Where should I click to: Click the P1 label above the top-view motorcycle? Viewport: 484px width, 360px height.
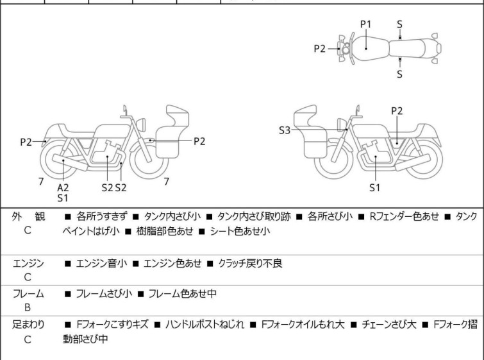[366, 24]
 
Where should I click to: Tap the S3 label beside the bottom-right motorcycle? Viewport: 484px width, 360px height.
[285, 130]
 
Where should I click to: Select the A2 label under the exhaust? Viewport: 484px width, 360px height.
[63, 187]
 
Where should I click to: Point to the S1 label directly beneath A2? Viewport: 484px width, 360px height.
[63, 198]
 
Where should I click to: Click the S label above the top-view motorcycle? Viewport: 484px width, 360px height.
[399, 24]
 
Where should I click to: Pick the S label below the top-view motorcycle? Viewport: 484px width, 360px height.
[399, 74]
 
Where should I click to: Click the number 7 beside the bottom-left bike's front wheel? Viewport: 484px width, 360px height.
[167, 182]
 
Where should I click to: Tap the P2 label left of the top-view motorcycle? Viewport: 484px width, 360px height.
[319, 49]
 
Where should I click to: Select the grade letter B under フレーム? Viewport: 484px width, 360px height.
[28, 307]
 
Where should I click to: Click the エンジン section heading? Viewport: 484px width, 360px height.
[28, 263]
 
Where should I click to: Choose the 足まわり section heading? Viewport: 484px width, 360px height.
[28, 325]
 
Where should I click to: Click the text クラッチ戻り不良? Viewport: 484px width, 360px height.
[251, 263]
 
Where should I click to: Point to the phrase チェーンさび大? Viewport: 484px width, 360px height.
[389, 325]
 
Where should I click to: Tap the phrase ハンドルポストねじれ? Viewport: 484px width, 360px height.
[204, 325]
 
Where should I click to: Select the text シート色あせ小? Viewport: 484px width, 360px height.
[240, 231]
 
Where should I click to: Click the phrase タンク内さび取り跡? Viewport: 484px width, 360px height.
[254, 216]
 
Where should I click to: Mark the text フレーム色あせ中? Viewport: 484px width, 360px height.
[183, 293]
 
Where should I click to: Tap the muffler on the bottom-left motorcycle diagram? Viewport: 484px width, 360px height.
[70, 162]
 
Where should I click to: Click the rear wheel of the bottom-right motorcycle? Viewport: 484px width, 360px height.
[424, 159]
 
